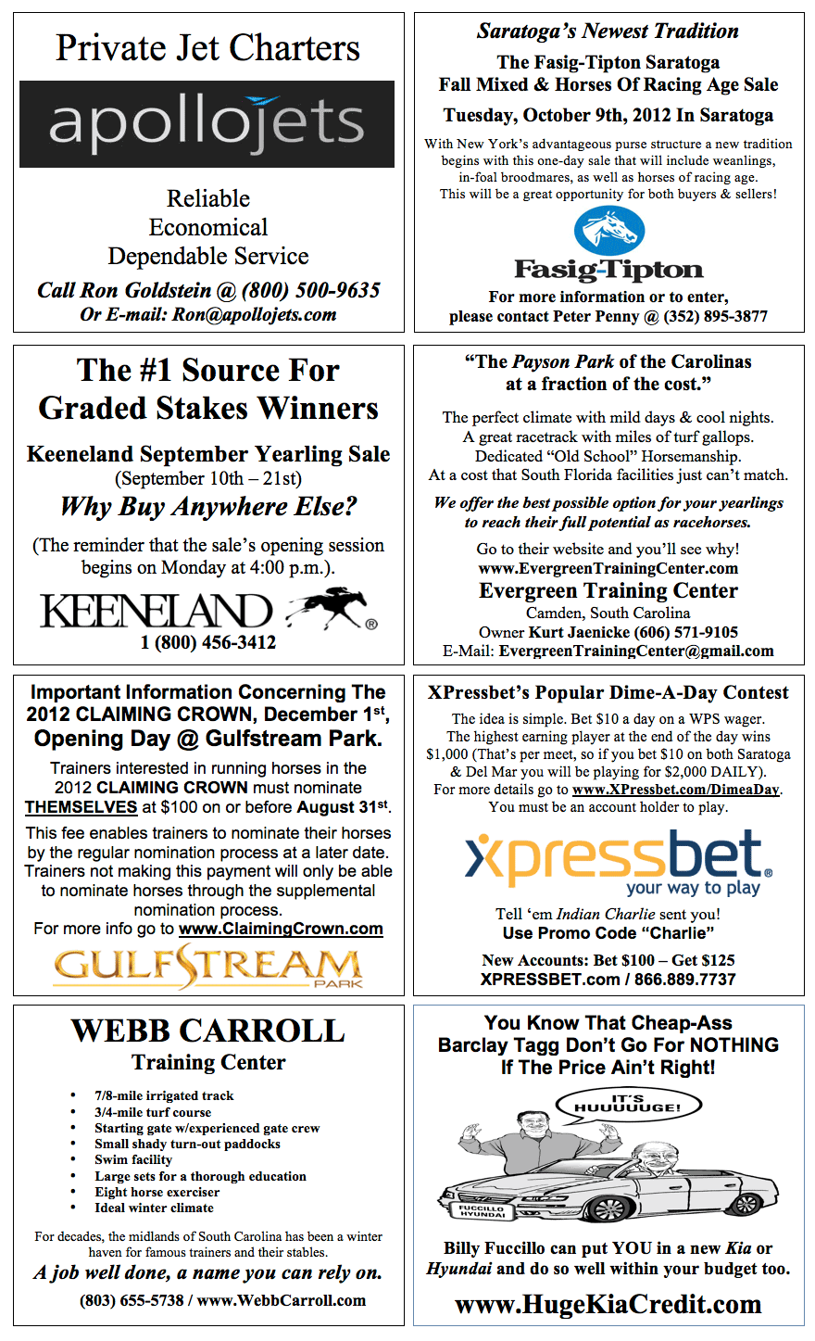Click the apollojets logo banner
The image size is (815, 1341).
pos(207,124)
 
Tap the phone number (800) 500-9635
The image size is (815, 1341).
pos(311,290)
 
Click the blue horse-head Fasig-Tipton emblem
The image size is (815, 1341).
pos(608,231)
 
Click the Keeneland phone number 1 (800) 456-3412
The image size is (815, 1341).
pos(208,642)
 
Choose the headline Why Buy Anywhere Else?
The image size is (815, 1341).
pos(208,507)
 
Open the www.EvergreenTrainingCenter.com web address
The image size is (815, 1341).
pos(608,568)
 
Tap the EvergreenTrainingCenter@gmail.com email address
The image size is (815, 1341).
pos(636,651)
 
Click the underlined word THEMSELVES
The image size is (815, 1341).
pos(81,807)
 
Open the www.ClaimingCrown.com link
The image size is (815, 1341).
pos(281,929)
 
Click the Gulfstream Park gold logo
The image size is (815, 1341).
pos(207,966)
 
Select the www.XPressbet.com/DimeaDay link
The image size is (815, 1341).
pos(676,790)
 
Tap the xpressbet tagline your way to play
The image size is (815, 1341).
pos(693,888)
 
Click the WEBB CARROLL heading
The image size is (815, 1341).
pos(208,1031)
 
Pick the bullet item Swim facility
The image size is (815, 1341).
pos(133,1159)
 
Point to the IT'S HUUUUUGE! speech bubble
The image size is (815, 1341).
pos(628,1104)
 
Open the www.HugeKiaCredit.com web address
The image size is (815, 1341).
pos(608,1304)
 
